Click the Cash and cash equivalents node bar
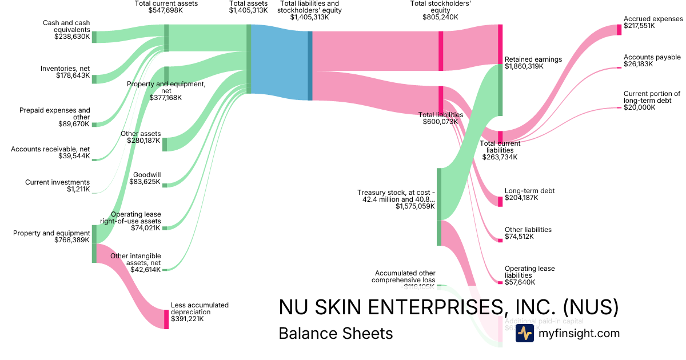(94, 37)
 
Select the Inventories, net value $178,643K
(73, 75)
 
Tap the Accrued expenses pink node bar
(619, 30)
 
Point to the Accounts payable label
(652, 57)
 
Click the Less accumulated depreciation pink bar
(166, 319)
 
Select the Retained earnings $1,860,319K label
(533, 63)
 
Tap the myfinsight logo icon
(524, 333)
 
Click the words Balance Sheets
(336, 334)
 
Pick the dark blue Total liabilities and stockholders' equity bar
(310, 66)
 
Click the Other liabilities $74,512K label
(528, 233)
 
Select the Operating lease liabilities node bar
(500, 282)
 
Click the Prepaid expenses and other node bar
(94, 124)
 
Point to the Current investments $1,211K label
(57, 186)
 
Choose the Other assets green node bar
(165, 144)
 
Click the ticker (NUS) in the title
(591, 307)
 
